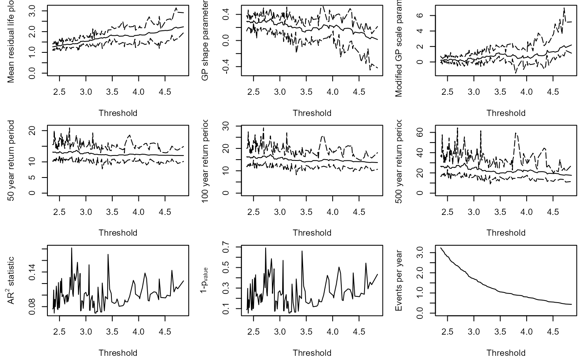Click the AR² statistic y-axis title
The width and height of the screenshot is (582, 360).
coord(11,280)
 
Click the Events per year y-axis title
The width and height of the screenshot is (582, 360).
coord(399,281)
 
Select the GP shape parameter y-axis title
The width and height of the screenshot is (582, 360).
coord(205,40)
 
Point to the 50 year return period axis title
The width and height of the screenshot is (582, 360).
coord(11,160)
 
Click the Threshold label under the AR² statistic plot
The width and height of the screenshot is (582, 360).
coord(118,353)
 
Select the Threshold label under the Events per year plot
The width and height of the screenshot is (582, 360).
coord(506,353)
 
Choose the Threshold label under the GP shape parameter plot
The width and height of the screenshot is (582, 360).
coord(312,113)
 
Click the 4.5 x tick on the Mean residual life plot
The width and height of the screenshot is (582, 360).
coord(165,91)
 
